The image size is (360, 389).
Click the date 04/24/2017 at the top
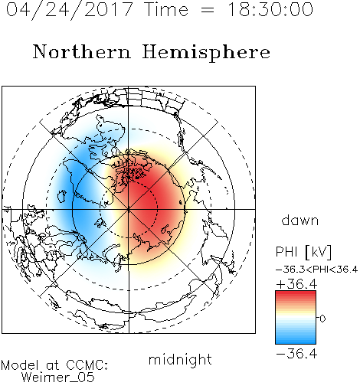(70, 10)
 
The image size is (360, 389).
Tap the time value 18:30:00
(270, 9)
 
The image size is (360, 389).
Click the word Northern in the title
(82, 51)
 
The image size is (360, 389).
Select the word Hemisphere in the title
(206, 53)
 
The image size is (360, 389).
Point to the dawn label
(300, 220)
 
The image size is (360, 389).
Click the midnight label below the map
(180, 360)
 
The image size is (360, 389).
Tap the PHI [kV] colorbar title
(303, 252)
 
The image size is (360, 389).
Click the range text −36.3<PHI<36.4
(316, 270)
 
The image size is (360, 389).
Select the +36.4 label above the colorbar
(296, 284)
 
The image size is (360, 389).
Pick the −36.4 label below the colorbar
(296, 354)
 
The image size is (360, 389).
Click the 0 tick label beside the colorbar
(322, 319)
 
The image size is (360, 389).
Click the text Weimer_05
(58, 377)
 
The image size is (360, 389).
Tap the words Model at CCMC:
(54, 365)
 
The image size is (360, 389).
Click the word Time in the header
(166, 9)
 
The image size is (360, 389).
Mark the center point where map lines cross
(129, 209)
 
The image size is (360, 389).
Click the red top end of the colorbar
(296, 293)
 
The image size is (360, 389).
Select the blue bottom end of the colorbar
(296, 342)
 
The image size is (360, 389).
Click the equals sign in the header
(208, 11)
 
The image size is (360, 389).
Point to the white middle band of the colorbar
(296, 319)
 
